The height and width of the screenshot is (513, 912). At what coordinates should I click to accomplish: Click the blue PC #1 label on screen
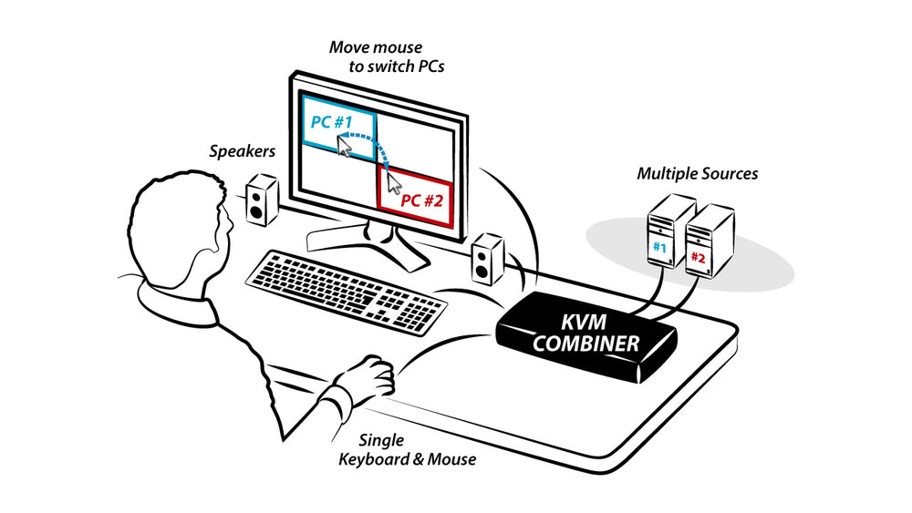[x=332, y=122]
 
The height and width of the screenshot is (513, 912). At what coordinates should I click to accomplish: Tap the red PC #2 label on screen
[x=421, y=201]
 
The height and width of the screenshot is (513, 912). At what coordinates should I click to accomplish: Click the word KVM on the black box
[x=584, y=323]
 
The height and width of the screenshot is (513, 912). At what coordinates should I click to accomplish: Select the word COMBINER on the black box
[x=586, y=344]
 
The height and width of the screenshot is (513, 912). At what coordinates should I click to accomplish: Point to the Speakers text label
[x=242, y=151]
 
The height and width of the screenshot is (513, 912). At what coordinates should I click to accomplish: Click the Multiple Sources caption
[x=698, y=174]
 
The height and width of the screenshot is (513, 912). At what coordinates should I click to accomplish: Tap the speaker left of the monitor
[x=262, y=200]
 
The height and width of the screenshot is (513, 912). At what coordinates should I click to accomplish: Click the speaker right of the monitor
[x=487, y=259]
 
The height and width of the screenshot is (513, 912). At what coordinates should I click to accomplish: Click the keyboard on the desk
[x=346, y=292]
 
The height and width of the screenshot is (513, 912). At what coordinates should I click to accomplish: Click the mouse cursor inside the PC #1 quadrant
[x=344, y=146]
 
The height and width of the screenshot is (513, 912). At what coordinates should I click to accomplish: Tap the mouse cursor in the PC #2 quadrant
[x=394, y=183]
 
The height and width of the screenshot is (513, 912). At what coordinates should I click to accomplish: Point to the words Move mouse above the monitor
[x=376, y=47]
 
